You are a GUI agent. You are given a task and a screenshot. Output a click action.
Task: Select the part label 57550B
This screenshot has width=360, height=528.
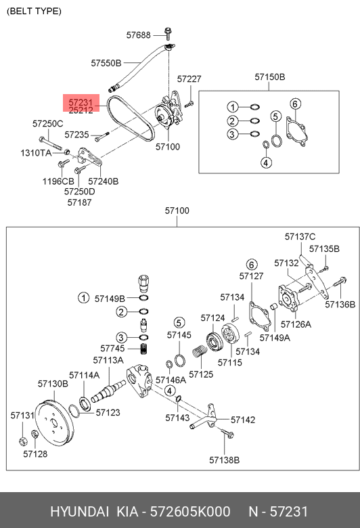[106, 63]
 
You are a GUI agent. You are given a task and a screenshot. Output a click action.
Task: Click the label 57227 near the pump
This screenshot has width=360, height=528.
[189, 79]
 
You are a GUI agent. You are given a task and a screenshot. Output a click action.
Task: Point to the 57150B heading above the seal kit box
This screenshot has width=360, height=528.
[270, 76]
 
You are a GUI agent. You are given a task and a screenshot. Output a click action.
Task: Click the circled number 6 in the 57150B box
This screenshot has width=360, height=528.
[294, 104]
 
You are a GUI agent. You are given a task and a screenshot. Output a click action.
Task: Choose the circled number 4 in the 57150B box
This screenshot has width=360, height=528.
[266, 162]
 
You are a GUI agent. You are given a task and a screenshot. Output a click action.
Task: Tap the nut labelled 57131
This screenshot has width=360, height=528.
[21, 442]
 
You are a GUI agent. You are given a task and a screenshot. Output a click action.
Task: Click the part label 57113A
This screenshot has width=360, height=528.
[108, 360]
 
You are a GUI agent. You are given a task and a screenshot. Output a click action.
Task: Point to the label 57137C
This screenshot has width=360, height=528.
[300, 236]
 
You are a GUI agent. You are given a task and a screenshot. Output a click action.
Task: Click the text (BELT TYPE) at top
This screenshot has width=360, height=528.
[34, 12]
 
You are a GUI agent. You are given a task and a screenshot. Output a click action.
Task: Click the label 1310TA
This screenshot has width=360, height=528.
[35, 154]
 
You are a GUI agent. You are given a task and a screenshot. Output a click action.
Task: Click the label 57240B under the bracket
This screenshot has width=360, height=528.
[104, 181]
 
